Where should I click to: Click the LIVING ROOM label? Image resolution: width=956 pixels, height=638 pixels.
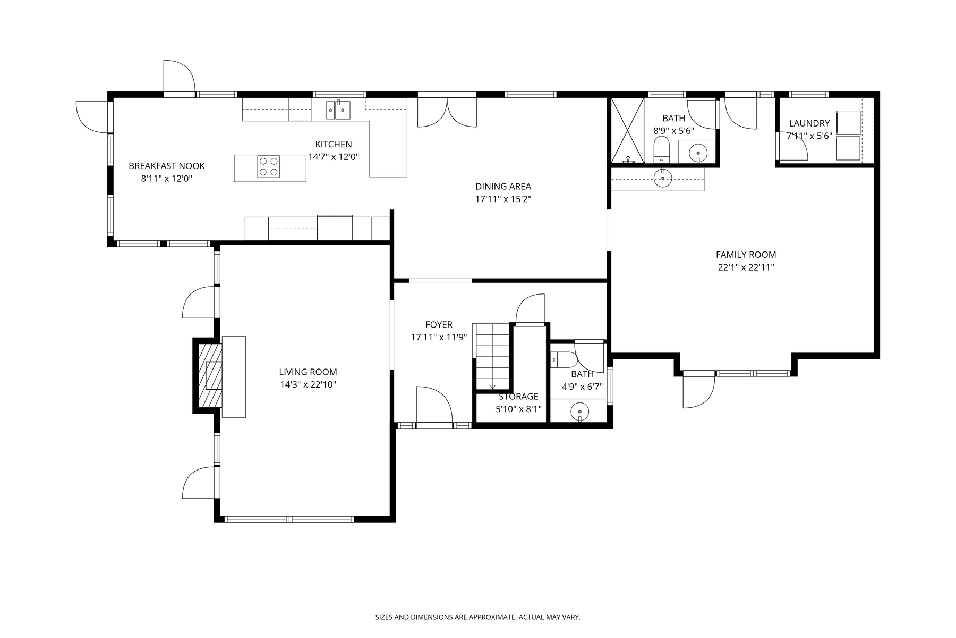[308, 372]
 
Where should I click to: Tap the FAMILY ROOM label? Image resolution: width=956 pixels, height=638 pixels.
[746, 255]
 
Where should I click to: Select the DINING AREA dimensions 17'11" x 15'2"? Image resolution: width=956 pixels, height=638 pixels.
[503, 199]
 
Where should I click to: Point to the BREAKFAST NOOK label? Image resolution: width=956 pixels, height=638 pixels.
[166, 166]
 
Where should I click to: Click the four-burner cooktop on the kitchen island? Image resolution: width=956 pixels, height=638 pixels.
[268, 166]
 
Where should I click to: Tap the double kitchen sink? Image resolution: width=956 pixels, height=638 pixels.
[338, 110]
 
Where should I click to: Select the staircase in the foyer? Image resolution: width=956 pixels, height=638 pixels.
[492, 356]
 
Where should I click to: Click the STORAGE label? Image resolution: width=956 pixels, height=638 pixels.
[518, 397]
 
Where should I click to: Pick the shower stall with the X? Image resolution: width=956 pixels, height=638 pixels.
[627, 130]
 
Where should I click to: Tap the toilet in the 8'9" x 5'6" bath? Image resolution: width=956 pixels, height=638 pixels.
[661, 149]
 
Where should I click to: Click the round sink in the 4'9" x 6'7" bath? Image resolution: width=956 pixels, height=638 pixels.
[579, 412]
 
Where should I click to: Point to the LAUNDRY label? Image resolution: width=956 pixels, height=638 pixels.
[809, 123]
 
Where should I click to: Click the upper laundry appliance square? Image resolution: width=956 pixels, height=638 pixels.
[849, 122]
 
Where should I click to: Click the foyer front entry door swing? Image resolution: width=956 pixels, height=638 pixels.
[434, 405]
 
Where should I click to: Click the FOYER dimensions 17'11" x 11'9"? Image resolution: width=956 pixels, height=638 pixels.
[439, 337]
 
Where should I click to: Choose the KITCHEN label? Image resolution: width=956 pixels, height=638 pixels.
[334, 144]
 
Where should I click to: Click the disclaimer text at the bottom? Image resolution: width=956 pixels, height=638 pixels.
[478, 617]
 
